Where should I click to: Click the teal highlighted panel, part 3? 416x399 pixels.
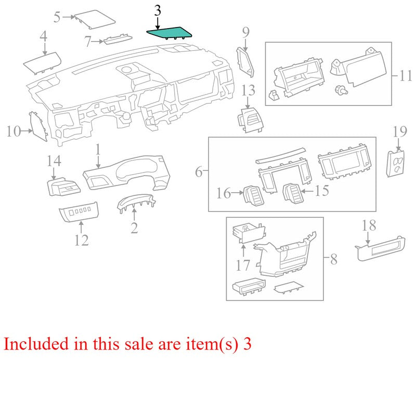click(170, 33)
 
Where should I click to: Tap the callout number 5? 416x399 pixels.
click(57, 17)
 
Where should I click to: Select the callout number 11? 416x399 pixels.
click(406, 75)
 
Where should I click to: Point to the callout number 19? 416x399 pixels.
click(400, 132)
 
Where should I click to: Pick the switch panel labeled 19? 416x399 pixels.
click(395, 164)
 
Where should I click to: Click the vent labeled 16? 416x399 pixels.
click(254, 195)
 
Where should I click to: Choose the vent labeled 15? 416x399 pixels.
click(293, 194)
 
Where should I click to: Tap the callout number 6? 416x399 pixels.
click(199, 172)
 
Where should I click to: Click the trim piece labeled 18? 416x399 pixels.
click(380, 248)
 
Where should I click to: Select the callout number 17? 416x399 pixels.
click(243, 265)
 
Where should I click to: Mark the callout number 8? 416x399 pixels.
click(334, 259)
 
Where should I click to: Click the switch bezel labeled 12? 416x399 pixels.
click(79, 211)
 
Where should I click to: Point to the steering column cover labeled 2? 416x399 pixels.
click(136, 202)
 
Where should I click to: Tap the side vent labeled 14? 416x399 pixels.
click(63, 187)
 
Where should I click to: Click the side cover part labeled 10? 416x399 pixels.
click(38, 126)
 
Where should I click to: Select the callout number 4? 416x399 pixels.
click(43, 36)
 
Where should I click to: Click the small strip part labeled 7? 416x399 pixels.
click(118, 39)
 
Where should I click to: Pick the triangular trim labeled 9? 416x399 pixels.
click(245, 62)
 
